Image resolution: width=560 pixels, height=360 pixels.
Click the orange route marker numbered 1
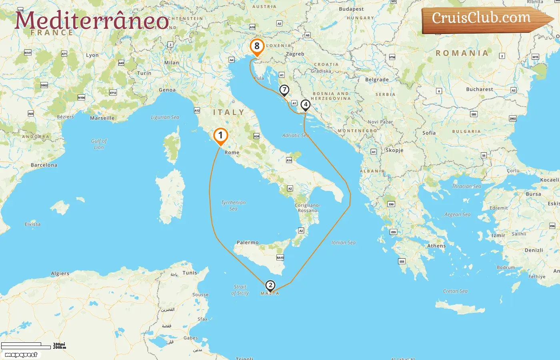click(x=220, y=136)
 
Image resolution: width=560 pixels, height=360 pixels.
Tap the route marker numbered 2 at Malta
click(x=270, y=285)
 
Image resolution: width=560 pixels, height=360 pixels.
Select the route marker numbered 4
click(x=305, y=105)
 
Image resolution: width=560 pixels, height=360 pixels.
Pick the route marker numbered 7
click(x=284, y=90)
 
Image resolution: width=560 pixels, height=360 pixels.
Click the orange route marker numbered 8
click(x=257, y=46)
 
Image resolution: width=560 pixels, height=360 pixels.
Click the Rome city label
click(x=232, y=152)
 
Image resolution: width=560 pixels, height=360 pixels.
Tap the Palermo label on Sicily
click(x=248, y=242)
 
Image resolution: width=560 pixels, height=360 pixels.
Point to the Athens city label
click(x=436, y=246)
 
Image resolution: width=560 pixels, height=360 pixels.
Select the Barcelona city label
click(x=44, y=165)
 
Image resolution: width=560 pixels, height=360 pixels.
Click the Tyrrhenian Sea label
click(x=233, y=206)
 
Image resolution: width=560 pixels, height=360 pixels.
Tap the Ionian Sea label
click(x=343, y=242)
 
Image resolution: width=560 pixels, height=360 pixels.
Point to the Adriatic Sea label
click(x=295, y=135)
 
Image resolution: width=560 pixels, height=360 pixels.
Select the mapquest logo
click(x=21, y=354)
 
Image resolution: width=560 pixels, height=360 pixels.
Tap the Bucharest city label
click(x=479, y=89)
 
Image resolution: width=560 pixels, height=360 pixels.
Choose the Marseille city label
click(x=102, y=118)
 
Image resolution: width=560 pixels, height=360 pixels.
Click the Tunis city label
click(x=190, y=273)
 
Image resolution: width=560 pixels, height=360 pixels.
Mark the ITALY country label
click(x=228, y=112)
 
